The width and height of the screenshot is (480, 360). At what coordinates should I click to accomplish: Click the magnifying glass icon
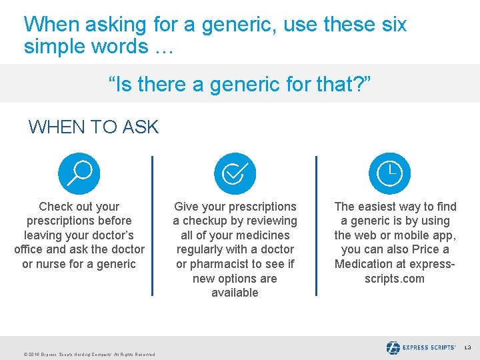click(x=79, y=173)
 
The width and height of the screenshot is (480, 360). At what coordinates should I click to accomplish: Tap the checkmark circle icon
click(x=235, y=173)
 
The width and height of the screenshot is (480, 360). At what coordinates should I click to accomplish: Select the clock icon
click(x=390, y=173)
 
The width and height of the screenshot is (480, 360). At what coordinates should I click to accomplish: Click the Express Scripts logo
click(x=421, y=347)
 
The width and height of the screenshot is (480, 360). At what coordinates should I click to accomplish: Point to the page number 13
click(x=467, y=348)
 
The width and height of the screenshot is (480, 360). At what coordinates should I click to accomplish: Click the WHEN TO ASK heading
click(x=93, y=127)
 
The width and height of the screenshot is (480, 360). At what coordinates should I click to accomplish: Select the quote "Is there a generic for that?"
click(x=239, y=85)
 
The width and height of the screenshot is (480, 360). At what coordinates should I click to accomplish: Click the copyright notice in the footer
click(x=89, y=355)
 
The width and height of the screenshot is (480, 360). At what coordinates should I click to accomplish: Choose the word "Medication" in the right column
click(x=365, y=264)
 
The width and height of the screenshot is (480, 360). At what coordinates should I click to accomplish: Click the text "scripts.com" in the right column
click(x=394, y=279)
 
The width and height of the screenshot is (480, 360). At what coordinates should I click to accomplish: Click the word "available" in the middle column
click(x=235, y=293)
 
